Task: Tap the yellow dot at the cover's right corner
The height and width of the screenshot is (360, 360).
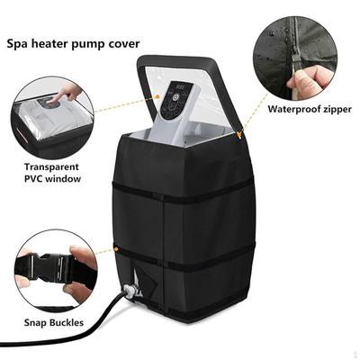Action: point(239,135)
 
